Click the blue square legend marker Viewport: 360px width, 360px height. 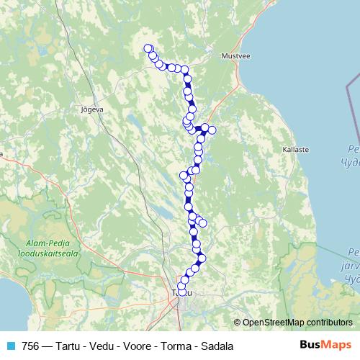[11, 346]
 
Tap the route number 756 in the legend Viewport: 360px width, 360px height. [31, 346]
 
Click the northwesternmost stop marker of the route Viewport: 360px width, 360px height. [148, 48]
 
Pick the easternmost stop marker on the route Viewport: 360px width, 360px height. [212, 130]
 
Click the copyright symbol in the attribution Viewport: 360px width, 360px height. [238, 323]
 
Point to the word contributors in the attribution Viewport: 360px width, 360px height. [328, 323]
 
